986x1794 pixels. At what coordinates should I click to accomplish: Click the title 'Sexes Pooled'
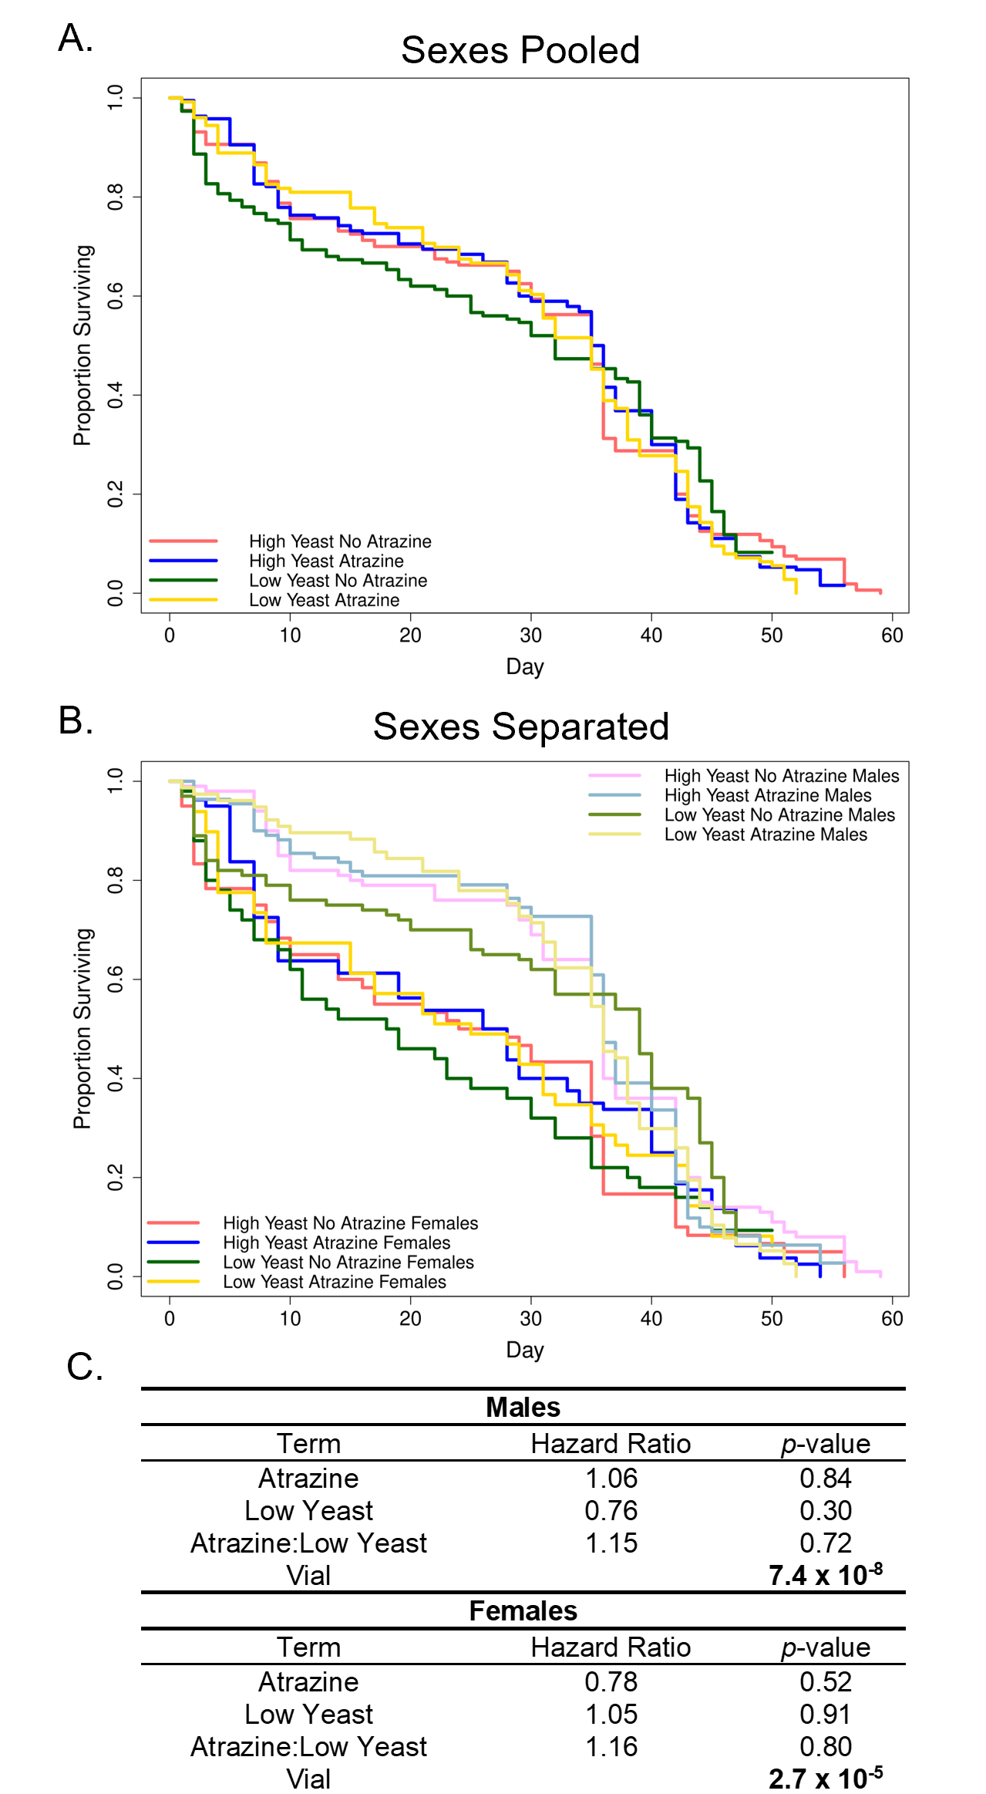click(520, 51)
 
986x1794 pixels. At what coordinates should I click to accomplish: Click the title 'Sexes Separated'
click(520, 727)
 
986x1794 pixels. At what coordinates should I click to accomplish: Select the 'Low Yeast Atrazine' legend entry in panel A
click(324, 600)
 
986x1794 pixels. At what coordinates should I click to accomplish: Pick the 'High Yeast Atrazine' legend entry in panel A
click(326, 561)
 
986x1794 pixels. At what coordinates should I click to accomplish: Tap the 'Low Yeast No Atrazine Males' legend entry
click(779, 815)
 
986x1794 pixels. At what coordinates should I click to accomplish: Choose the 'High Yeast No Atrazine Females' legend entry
click(350, 1223)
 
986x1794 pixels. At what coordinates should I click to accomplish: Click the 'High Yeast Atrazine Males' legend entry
click(768, 795)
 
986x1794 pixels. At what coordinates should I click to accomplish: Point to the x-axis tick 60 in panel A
click(892, 636)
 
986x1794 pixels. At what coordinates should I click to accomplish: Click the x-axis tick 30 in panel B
click(530, 1319)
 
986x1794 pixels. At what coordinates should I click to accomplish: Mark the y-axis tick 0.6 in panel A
click(116, 296)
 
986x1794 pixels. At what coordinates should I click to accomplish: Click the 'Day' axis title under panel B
click(525, 1350)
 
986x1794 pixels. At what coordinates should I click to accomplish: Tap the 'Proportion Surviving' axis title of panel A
click(82, 346)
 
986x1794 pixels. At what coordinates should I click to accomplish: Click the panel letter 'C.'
click(85, 1367)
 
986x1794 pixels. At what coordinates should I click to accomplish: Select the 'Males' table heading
click(523, 1408)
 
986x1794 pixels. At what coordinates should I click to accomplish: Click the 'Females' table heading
click(523, 1611)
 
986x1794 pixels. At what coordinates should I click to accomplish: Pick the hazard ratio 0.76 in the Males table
click(611, 1511)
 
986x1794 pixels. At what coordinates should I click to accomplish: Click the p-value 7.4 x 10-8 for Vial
click(825, 1576)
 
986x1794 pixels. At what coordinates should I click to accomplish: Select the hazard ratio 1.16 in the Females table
click(611, 1747)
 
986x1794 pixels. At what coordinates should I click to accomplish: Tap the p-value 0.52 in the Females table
click(825, 1682)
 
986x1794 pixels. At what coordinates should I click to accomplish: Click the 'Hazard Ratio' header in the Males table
click(611, 1444)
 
